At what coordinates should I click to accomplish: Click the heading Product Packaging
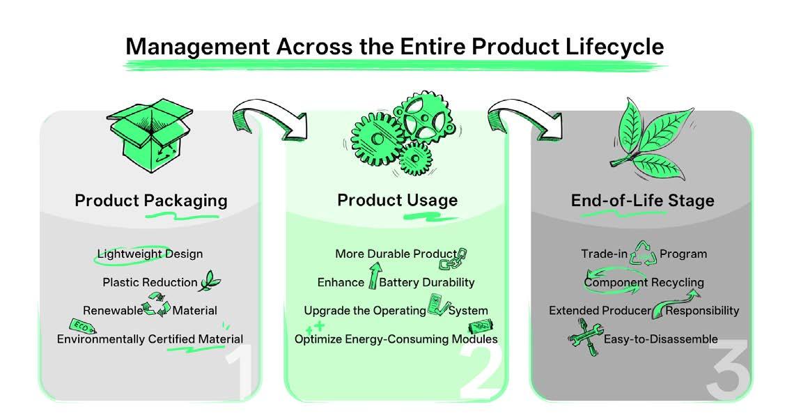151,201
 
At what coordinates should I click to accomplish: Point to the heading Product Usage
397,201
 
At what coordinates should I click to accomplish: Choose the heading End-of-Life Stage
642,201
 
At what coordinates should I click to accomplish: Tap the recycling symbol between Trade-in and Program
643,255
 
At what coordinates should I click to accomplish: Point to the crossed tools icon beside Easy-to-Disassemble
583,341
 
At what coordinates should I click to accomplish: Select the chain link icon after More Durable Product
454,259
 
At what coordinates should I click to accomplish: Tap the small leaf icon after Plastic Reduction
210,282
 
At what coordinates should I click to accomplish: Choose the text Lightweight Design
150,254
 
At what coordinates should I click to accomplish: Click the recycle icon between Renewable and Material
156,307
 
